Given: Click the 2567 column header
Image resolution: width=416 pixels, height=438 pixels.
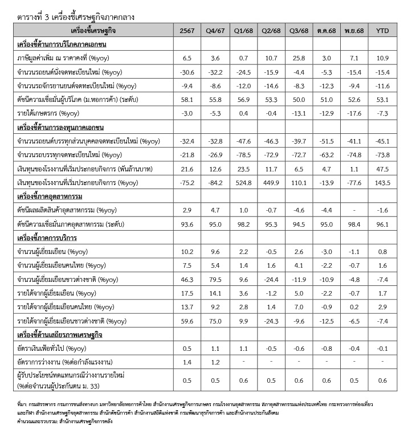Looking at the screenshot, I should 187,30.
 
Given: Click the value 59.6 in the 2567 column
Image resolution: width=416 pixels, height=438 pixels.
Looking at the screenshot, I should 187,321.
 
